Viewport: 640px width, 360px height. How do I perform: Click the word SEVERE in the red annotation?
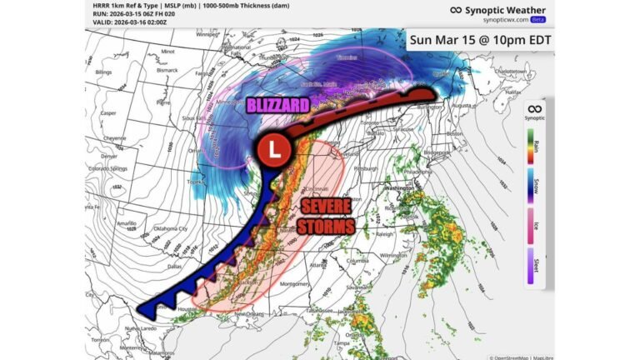pos(322,207)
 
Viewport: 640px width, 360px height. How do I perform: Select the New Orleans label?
pos(250,313)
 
